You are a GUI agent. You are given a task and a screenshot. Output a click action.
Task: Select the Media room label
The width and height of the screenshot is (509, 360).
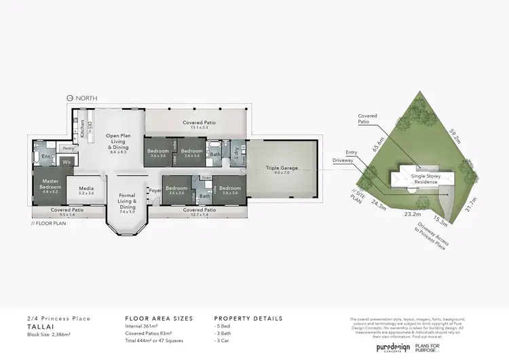(86, 191)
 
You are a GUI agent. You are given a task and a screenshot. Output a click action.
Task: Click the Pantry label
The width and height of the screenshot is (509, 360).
(68, 147)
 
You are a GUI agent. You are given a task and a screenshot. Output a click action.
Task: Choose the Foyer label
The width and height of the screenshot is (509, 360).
(154, 191)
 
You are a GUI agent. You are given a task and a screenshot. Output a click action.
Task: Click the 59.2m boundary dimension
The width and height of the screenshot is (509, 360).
(455, 136)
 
